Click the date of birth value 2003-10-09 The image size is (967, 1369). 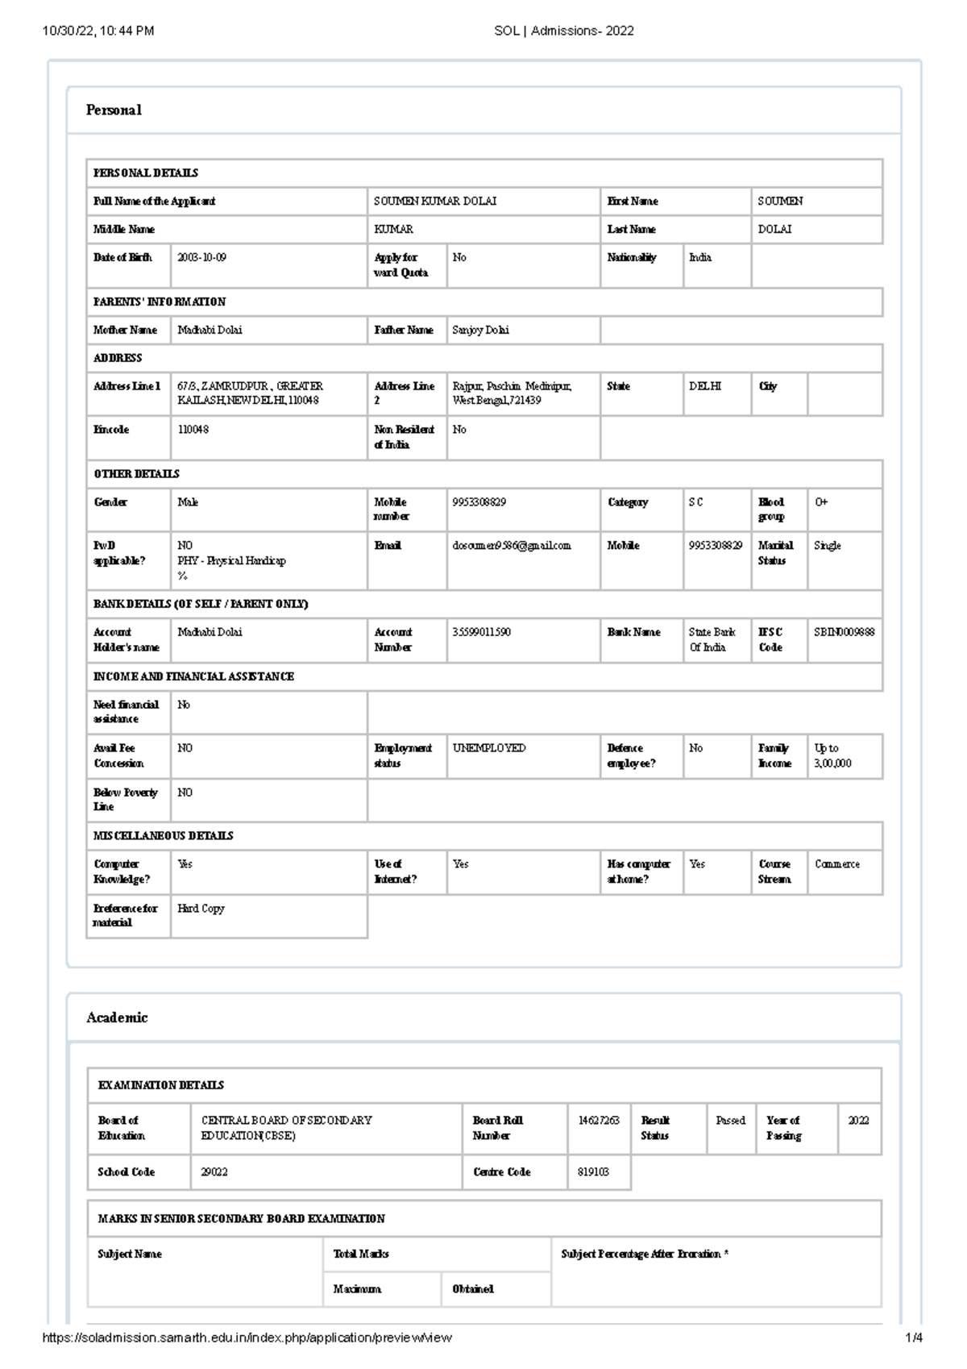click(201, 257)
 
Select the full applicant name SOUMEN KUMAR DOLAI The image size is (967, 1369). click(434, 201)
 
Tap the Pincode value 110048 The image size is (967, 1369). click(193, 430)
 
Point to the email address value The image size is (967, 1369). click(511, 546)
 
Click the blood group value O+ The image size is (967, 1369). click(821, 501)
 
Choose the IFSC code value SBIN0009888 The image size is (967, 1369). click(844, 632)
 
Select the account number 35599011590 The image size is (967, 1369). click(481, 632)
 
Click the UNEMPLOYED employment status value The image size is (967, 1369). click(489, 748)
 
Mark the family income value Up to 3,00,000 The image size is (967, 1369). click(832, 755)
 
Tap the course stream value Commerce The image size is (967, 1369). click(836, 864)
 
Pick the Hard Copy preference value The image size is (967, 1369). click(201, 908)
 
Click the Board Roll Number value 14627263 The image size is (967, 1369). click(598, 1121)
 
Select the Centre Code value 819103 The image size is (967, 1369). click(593, 1172)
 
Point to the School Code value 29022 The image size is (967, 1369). click(214, 1172)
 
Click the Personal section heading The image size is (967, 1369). click(114, 110)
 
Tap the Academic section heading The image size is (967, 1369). click(117, 1017)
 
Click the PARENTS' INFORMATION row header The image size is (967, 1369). click(160, 302)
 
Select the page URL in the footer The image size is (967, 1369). click(246, 1338)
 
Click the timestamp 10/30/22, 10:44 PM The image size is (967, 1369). click(98, 31)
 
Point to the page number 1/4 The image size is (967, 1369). click(913, 1338)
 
